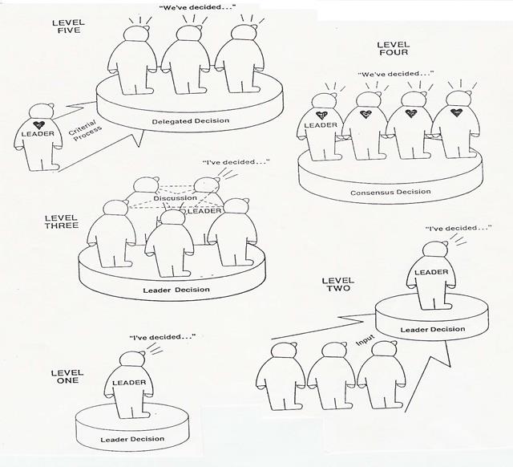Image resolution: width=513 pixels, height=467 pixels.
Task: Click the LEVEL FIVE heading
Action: (68, 26)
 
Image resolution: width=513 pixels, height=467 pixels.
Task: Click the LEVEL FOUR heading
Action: (394, 48)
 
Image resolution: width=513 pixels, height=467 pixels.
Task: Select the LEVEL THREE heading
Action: (62, 221)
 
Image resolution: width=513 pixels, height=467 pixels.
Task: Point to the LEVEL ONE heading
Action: (67, 376)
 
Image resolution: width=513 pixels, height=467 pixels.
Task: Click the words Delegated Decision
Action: (191, 121)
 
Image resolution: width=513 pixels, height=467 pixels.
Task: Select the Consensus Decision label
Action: (390, 192)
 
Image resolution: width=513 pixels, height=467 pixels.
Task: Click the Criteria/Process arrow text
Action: (85, 131)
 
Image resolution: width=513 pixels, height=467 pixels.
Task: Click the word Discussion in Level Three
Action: (176, 198)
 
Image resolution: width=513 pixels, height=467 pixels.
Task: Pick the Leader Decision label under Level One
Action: (132, 439)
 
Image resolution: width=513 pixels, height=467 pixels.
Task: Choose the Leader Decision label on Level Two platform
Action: (433, 329)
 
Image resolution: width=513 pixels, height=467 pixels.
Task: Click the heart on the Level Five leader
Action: (39, 124)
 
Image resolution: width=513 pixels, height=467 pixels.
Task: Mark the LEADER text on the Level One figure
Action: (129, 383)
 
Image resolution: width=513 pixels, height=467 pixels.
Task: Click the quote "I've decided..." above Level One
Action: (163, 337)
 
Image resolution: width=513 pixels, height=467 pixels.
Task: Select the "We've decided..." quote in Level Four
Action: (396, 74)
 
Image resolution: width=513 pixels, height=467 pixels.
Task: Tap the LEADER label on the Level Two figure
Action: (431, 272)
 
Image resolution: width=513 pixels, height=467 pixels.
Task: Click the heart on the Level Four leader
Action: (322, 115)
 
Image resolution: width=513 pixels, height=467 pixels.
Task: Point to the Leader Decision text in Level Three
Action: (176, 290)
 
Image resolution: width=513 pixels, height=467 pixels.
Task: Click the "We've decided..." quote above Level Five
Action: (197, 7)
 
